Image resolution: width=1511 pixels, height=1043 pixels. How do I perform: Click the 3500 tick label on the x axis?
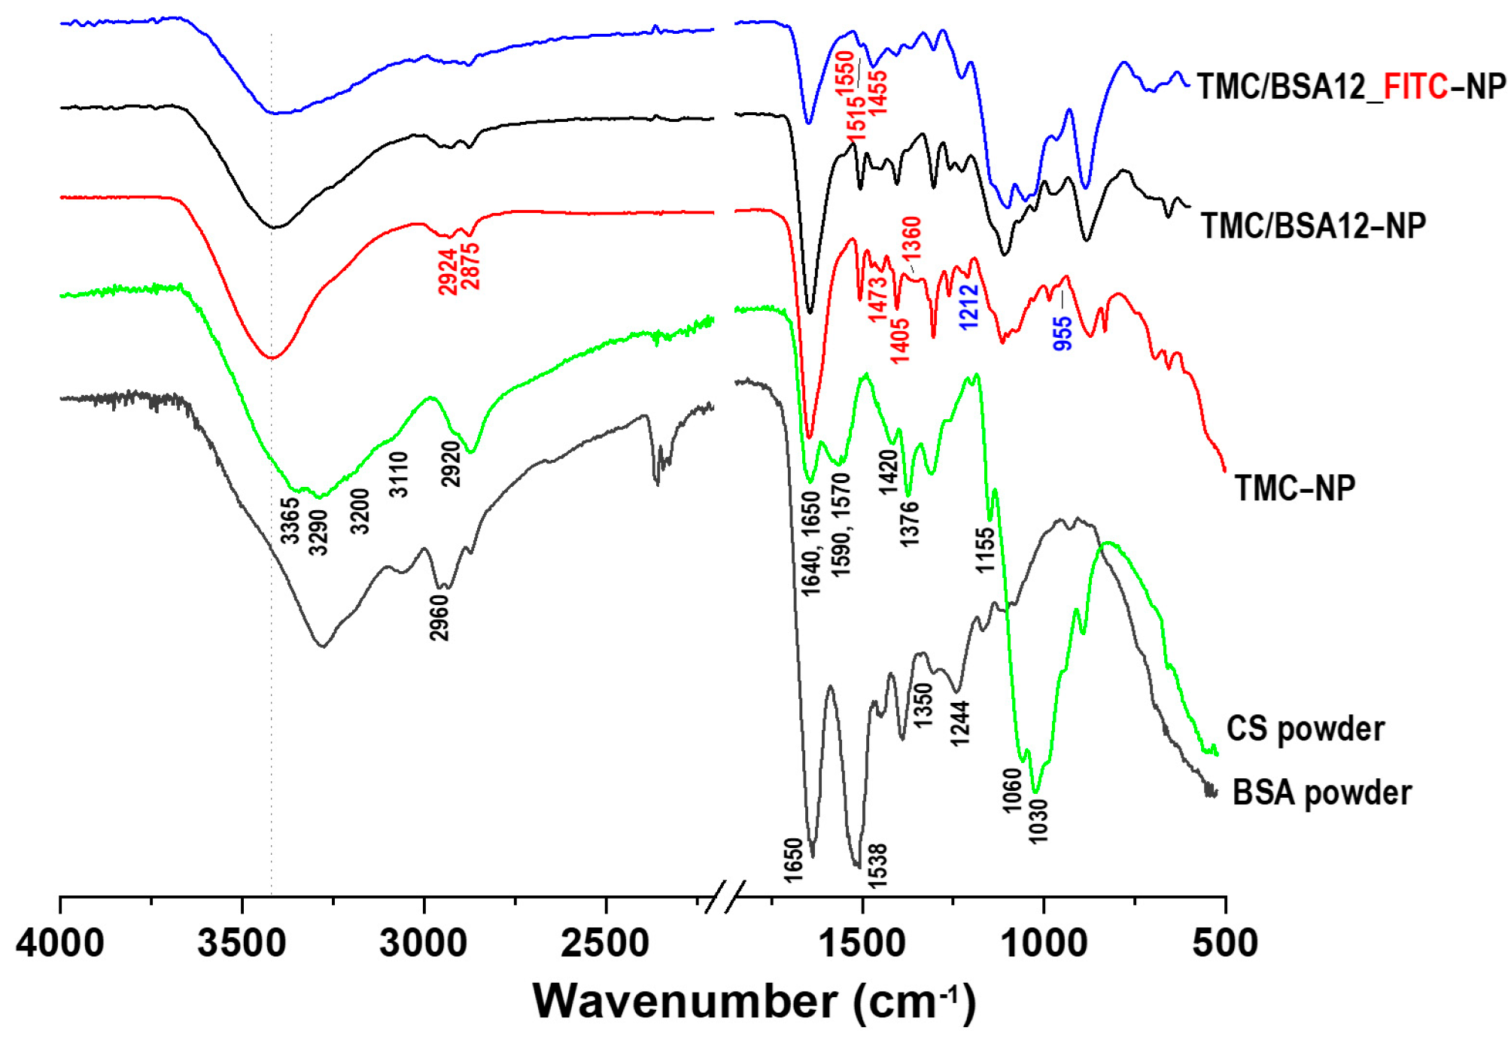tap(242, 944)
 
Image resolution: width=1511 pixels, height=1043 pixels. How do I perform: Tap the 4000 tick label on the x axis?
tap(60, 944)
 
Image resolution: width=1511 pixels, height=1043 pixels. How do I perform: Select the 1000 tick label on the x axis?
tap(1044, 944)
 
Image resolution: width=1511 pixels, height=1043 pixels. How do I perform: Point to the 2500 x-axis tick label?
tap(605, 944)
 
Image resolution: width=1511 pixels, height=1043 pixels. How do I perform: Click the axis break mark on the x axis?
tap(725, 897)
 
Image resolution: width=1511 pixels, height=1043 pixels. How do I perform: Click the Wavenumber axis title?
tap(754, 1002)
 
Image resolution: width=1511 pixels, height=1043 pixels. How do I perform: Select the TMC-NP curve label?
tap(1294, 488)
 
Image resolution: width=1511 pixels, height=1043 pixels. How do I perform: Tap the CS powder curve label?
tap(1306, 728)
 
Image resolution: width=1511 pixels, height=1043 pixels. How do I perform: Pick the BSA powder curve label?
tap(1321, 793)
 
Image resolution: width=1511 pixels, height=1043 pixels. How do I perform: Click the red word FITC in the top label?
tap(1415, 87)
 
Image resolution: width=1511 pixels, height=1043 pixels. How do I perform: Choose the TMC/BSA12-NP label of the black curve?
tap(1313, 225)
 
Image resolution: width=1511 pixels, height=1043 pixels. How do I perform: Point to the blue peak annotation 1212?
tap(968, 306)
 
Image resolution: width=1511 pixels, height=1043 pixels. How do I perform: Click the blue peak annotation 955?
tap(1063, 333)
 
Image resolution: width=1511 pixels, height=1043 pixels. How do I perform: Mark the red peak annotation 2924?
tap(448, 272)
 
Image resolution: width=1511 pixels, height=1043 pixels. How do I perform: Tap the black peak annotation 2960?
tap(439, 618)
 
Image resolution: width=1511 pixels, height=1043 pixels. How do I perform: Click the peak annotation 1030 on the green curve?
tap(1038, 821)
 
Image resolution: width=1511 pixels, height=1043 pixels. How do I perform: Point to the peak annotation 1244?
tap(959, 722)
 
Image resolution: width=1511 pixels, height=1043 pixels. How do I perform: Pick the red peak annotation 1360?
tap(911, 238)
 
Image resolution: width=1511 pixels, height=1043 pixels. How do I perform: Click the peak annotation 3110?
tap(399, 474)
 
